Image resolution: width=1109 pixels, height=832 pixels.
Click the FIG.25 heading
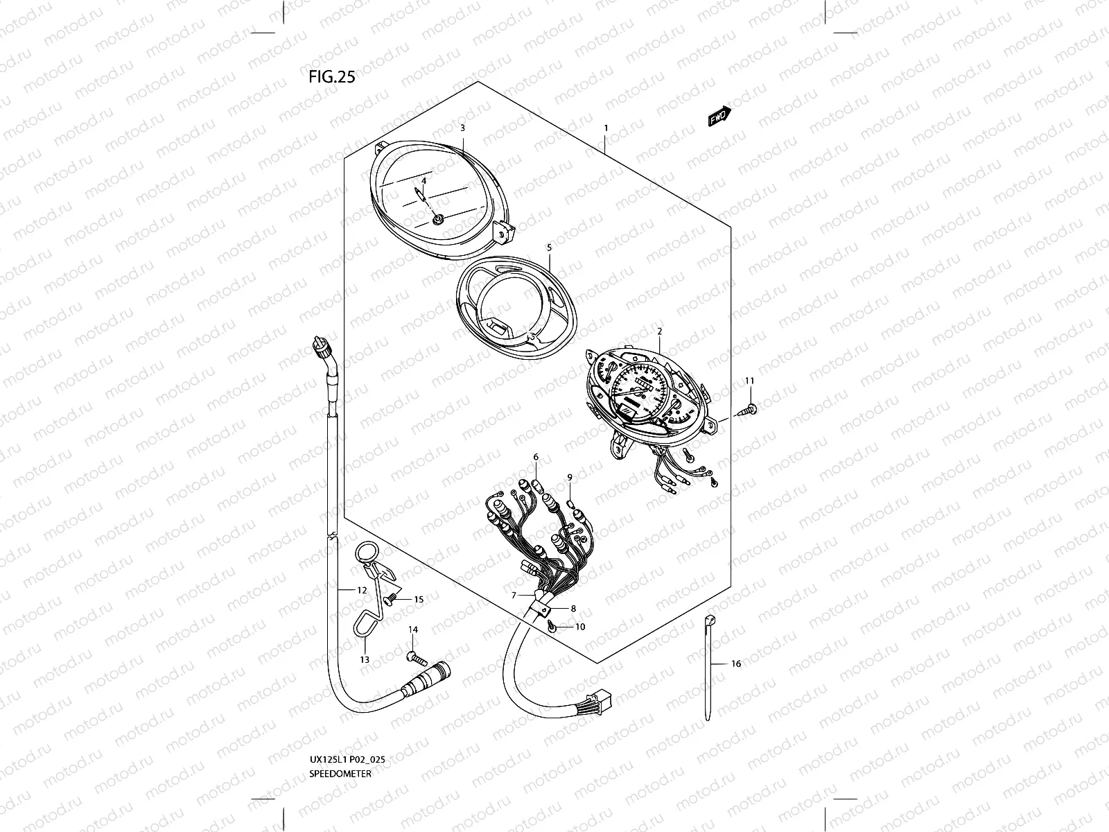click(331, 77)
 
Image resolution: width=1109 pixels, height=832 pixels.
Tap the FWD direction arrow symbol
click(719, 116)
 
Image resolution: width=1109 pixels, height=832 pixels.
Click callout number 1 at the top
click(606, 128)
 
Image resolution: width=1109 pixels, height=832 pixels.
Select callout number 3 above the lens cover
click(462, 128)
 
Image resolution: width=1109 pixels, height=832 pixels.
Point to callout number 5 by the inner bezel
click(549, 247)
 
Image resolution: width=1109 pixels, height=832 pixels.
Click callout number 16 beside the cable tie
click(736, 664)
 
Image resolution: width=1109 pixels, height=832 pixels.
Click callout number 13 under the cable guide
click(365, 660)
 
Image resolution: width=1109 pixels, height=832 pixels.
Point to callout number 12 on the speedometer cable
click(362, 590)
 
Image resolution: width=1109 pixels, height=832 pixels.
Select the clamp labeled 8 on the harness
click(544, 610)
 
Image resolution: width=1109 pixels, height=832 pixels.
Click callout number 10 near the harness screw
click(580, 627)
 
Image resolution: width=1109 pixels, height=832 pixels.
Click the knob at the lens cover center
click(438, 220)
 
